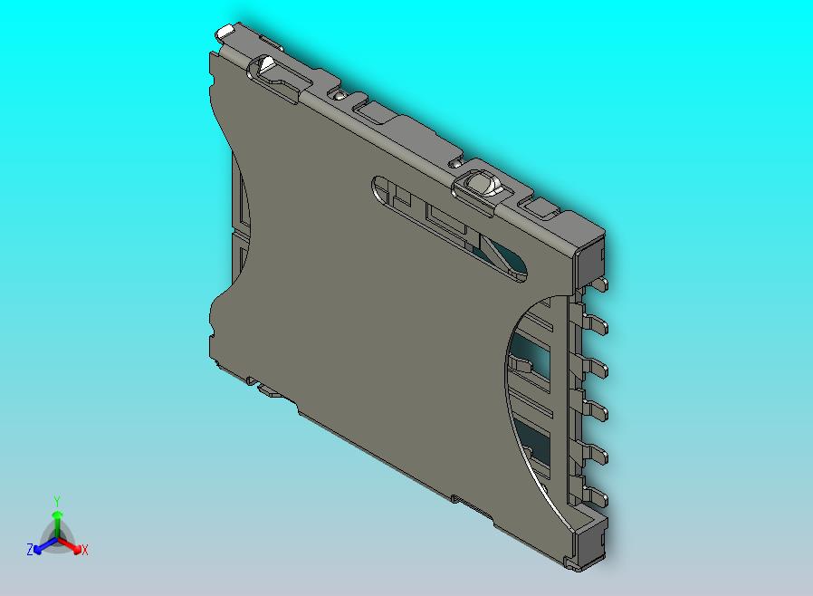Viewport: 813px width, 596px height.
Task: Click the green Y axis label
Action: pyautogui.click(x=56, y=501)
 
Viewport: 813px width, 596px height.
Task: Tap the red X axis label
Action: pyautogui.click(x=84, y=550)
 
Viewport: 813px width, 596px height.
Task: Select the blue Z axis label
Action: pyautogui.click(x=29, y=549)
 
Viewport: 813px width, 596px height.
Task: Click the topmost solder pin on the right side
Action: pyautogui.click(x=598, y=286)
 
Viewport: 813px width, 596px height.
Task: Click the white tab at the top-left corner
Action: pyautogui.click(x=225, y=32)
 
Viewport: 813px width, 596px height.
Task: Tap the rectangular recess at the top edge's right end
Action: pyautogui.click(x=542, y=209)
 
